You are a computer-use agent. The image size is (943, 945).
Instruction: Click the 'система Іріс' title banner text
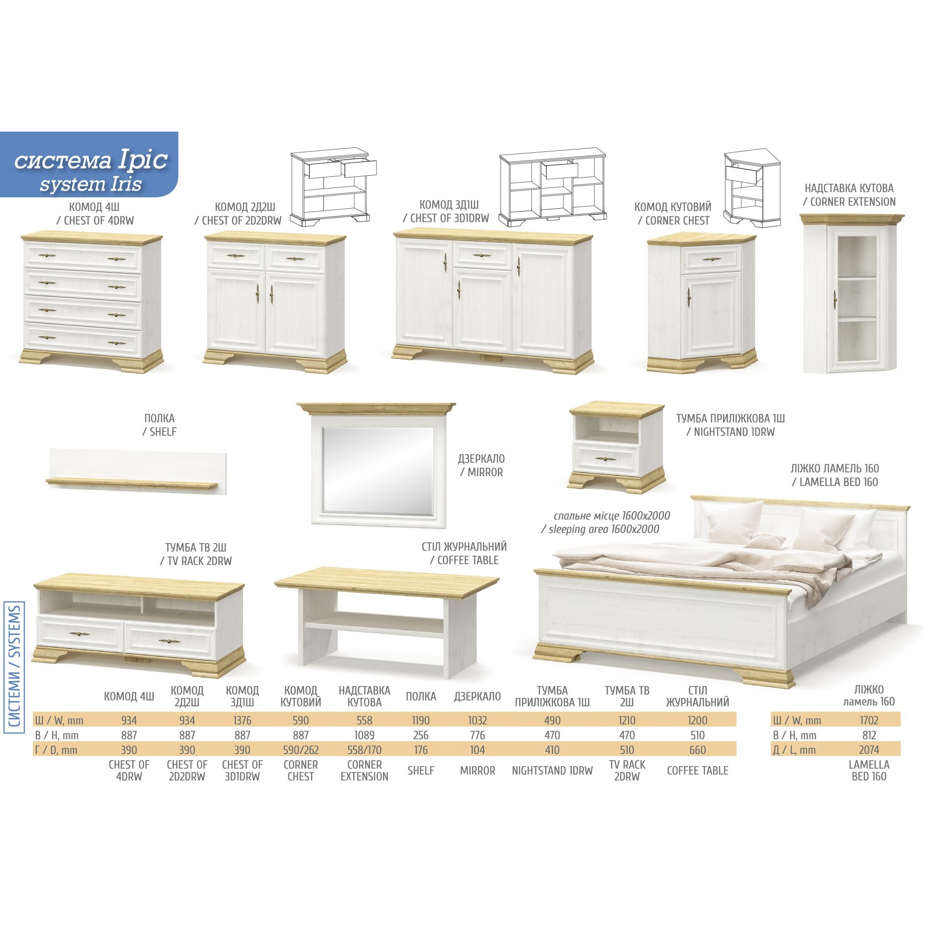91,160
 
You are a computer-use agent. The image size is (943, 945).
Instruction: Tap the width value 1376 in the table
242,721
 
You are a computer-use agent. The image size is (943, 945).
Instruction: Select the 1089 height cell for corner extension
364,735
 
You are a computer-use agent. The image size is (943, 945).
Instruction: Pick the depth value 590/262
301,750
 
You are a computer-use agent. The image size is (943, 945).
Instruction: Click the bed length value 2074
869,750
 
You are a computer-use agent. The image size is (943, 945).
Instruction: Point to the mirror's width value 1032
477,721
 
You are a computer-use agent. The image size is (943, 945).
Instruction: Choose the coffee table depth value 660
697,750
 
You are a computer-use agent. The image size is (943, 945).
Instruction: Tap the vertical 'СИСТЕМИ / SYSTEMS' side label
14,667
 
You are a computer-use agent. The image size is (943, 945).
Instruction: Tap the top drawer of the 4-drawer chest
83,256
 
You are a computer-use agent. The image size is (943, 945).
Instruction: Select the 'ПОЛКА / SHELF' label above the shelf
160,425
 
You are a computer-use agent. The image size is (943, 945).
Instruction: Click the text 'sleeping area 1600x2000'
604,529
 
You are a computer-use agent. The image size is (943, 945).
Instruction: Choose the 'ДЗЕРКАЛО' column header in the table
477,696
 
